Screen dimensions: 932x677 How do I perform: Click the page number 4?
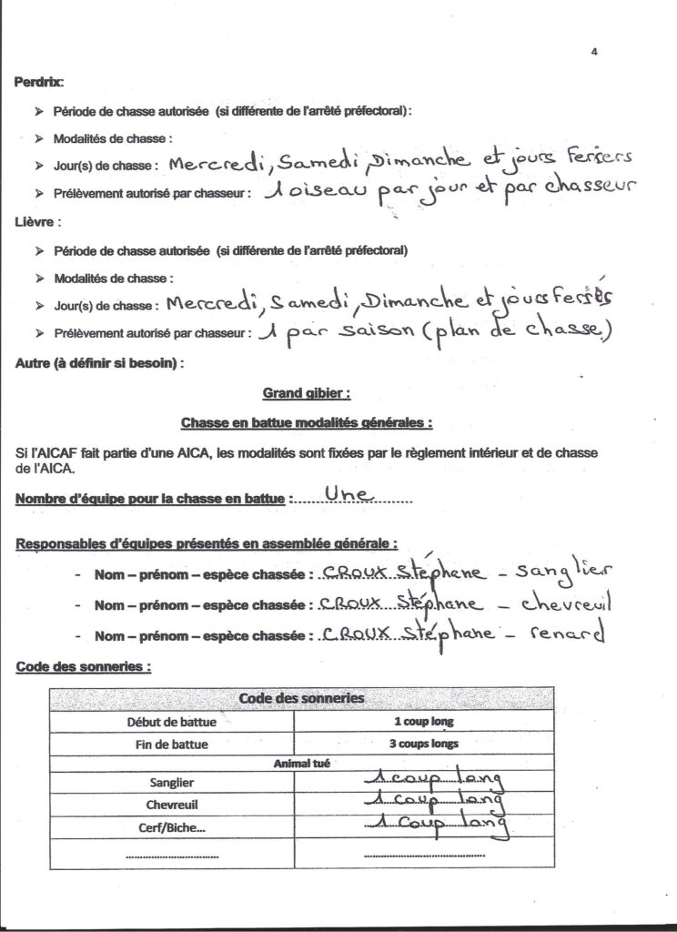[593, 52]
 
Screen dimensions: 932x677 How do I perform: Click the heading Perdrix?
[39, 82]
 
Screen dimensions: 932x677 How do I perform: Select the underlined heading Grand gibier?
[306, 393]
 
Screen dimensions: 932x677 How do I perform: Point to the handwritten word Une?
[351, 494]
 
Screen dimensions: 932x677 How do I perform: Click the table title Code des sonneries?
[300, 698]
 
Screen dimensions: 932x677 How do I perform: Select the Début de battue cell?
[171, 722]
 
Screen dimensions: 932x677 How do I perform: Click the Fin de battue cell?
[171, 744]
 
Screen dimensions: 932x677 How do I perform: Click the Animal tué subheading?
[301, 764]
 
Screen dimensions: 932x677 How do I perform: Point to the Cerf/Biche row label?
[171, 827]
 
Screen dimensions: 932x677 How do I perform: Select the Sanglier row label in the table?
[171, 782]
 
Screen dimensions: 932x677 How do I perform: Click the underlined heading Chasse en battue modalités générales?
[306, 422]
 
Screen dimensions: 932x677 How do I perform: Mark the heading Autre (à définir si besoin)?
[99, 363]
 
